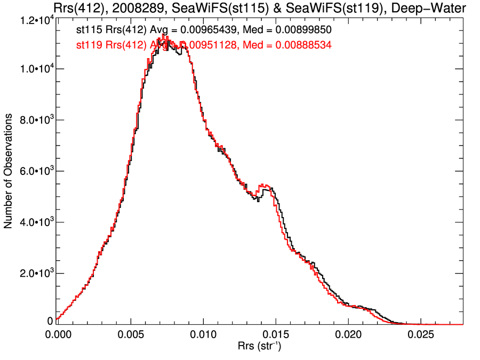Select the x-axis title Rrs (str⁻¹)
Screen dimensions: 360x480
point(259,347)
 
